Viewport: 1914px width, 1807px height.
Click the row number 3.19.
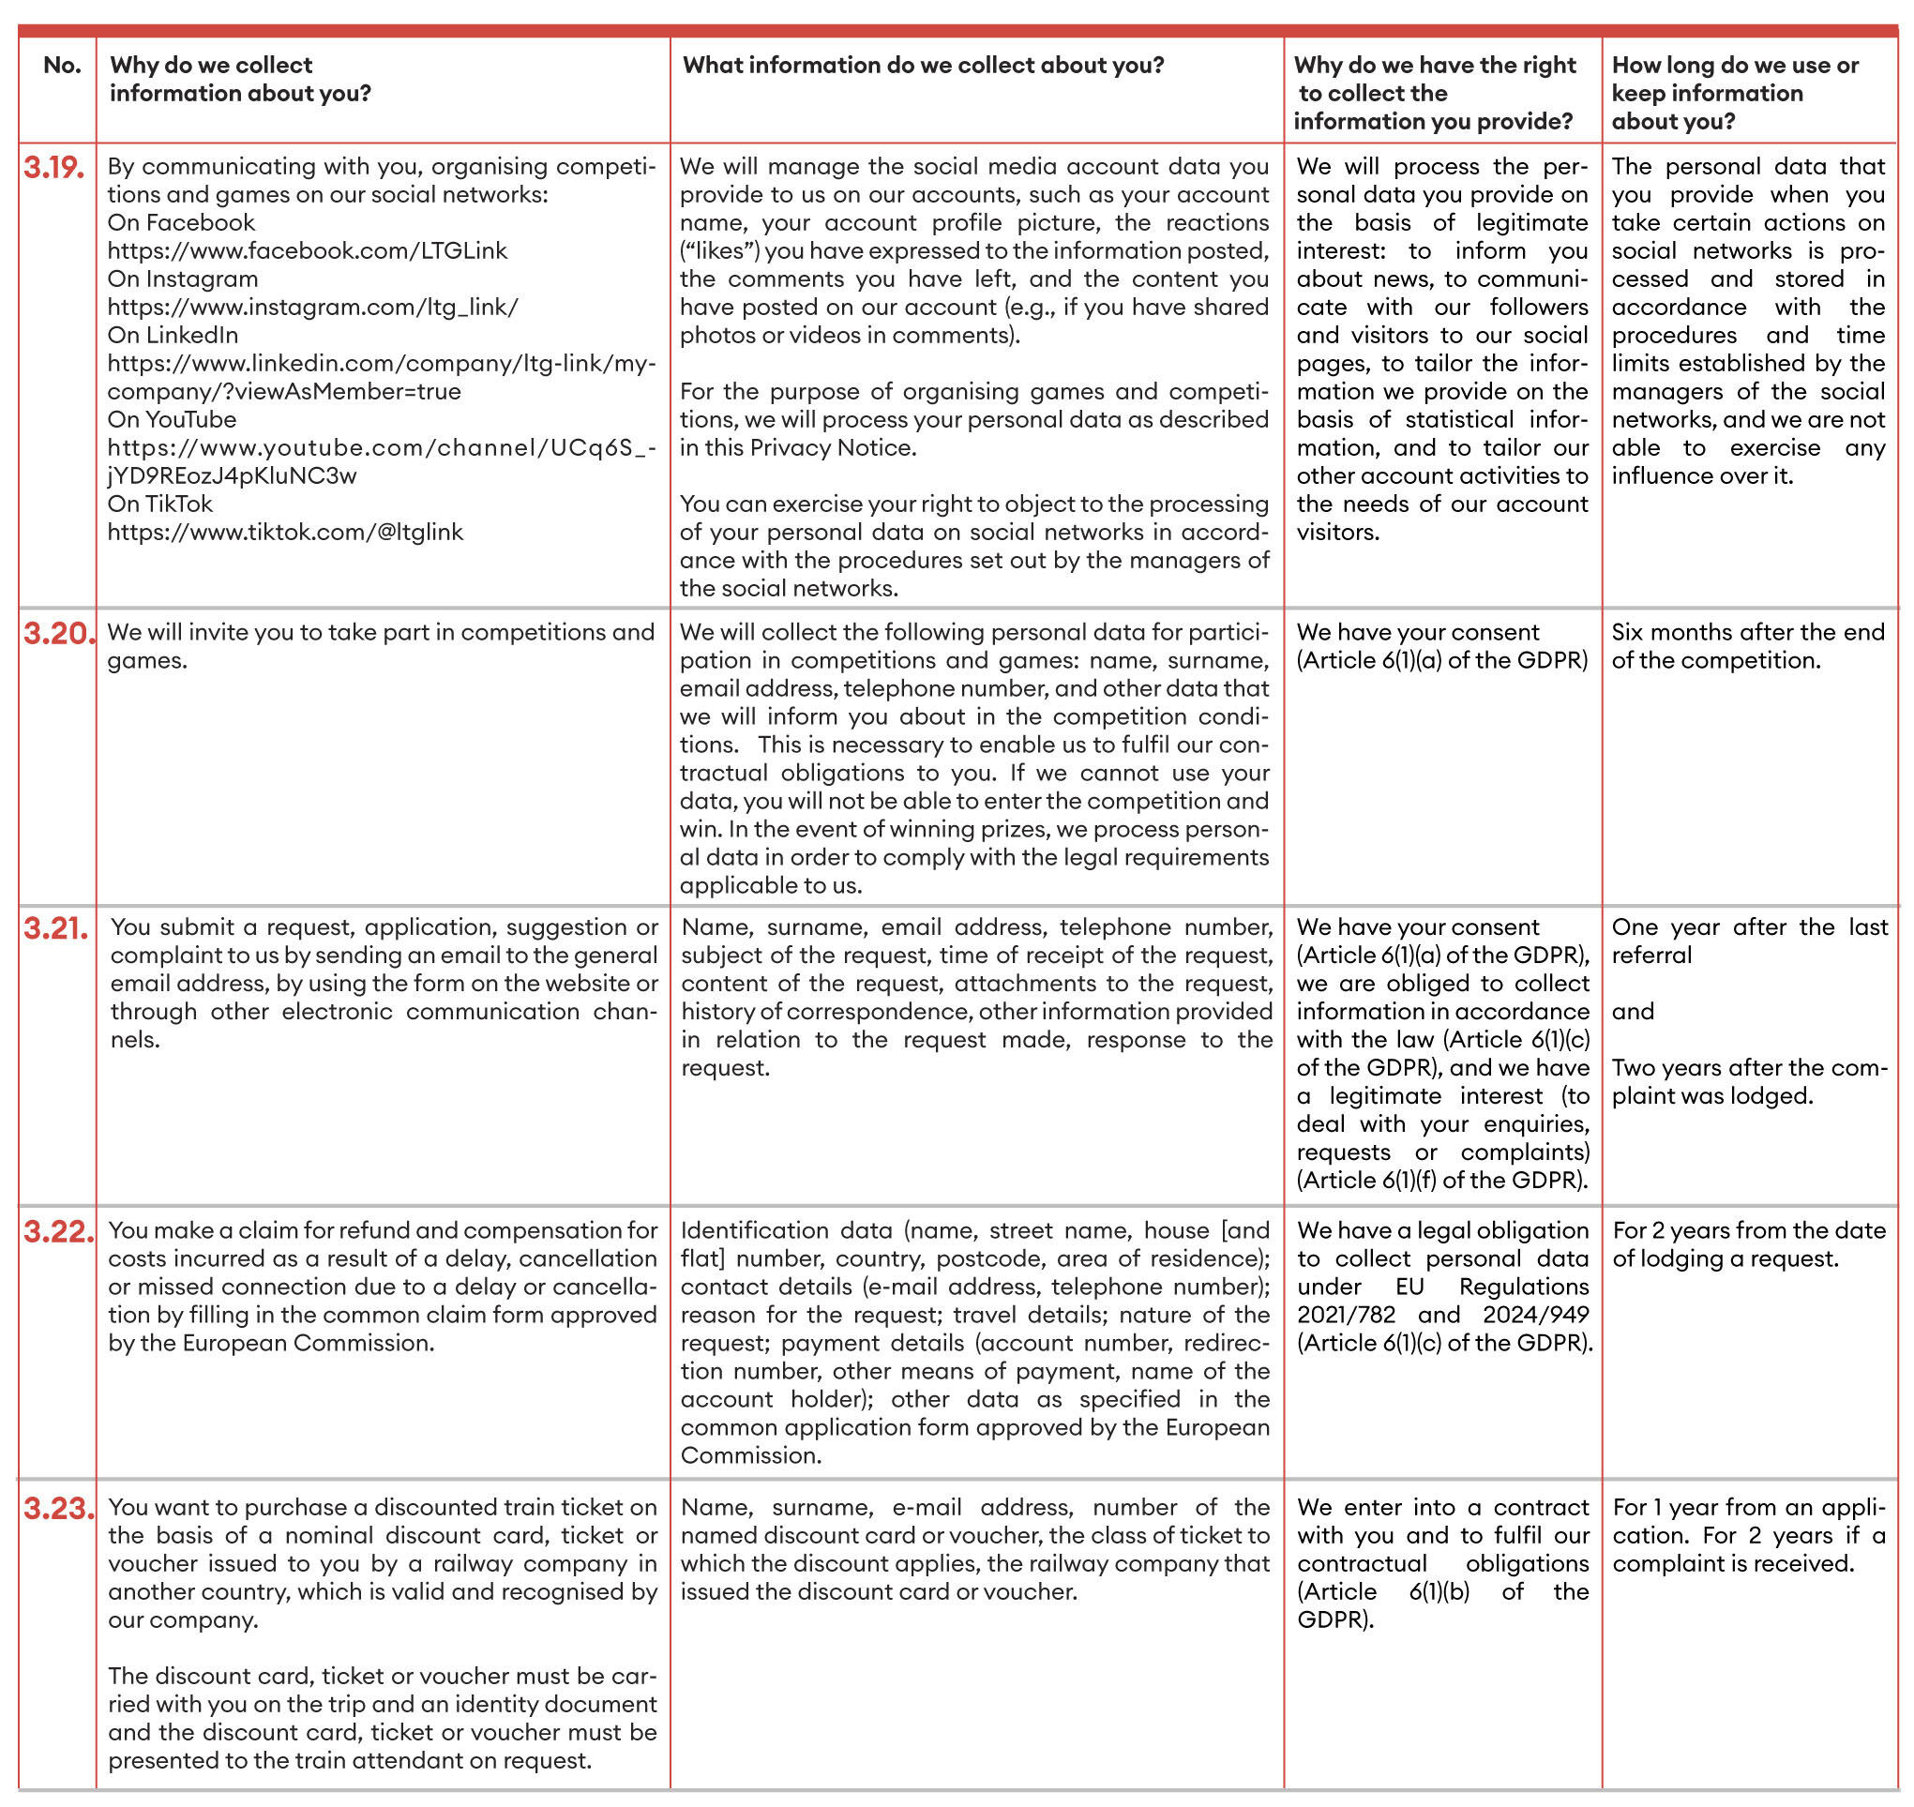point(54,168)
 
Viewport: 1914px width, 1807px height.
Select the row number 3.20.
point(59,634)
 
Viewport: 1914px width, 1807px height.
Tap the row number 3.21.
point(56,928)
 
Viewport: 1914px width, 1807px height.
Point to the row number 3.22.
point(59,1232)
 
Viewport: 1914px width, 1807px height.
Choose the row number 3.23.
point(59,1509)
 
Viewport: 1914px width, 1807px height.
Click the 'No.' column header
point(62,66)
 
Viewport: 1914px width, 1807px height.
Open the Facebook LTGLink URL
point(307,251)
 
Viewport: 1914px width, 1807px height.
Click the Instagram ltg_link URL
point(312,308)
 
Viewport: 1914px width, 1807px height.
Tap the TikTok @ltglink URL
point(285,533)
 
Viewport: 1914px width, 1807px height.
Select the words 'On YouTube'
point(172,420)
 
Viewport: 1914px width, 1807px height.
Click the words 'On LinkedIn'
point(173,335)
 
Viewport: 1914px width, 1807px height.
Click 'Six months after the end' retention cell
point(1746,633)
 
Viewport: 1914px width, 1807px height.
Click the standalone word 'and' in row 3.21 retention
point(1633,1013)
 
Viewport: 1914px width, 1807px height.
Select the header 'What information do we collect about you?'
point(923,66)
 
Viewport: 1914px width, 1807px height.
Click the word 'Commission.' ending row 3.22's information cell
point(750,1455)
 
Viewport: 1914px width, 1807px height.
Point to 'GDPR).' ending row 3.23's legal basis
point(1334,1620)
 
